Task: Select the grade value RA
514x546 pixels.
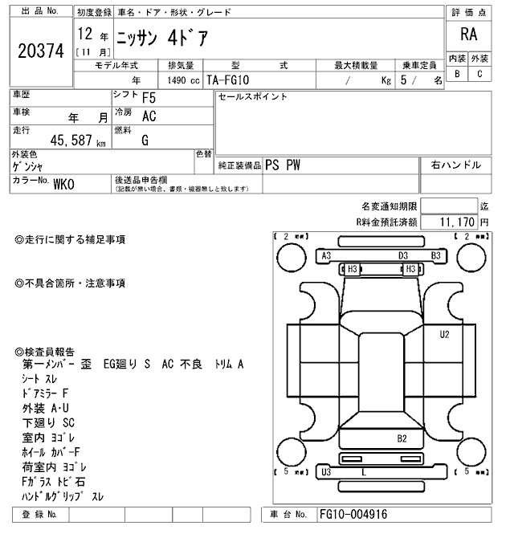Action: tap(467, 35)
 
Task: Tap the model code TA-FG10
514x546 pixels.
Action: tap(228, 80)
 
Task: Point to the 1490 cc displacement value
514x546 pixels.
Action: tap(178, 80)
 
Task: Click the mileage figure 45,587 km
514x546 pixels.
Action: tap(71, 141)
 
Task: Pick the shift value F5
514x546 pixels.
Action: tap(149, 98)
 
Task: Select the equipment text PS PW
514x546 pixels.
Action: tap(283, 165)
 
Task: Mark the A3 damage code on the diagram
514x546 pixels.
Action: tap(327, 255)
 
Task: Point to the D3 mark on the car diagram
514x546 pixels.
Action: tap(404, 255)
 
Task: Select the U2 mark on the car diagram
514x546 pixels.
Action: tap(444, 333)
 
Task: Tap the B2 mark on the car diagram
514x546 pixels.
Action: tap(402, 438)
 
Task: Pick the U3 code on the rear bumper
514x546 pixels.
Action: tap(326, 472)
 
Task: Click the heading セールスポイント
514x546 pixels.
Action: tap(253, 97)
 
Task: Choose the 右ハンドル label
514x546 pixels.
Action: tap(456, 165)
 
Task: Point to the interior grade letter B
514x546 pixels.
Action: tap(457, 74)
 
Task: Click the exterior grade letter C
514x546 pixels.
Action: tap(479, 74)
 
